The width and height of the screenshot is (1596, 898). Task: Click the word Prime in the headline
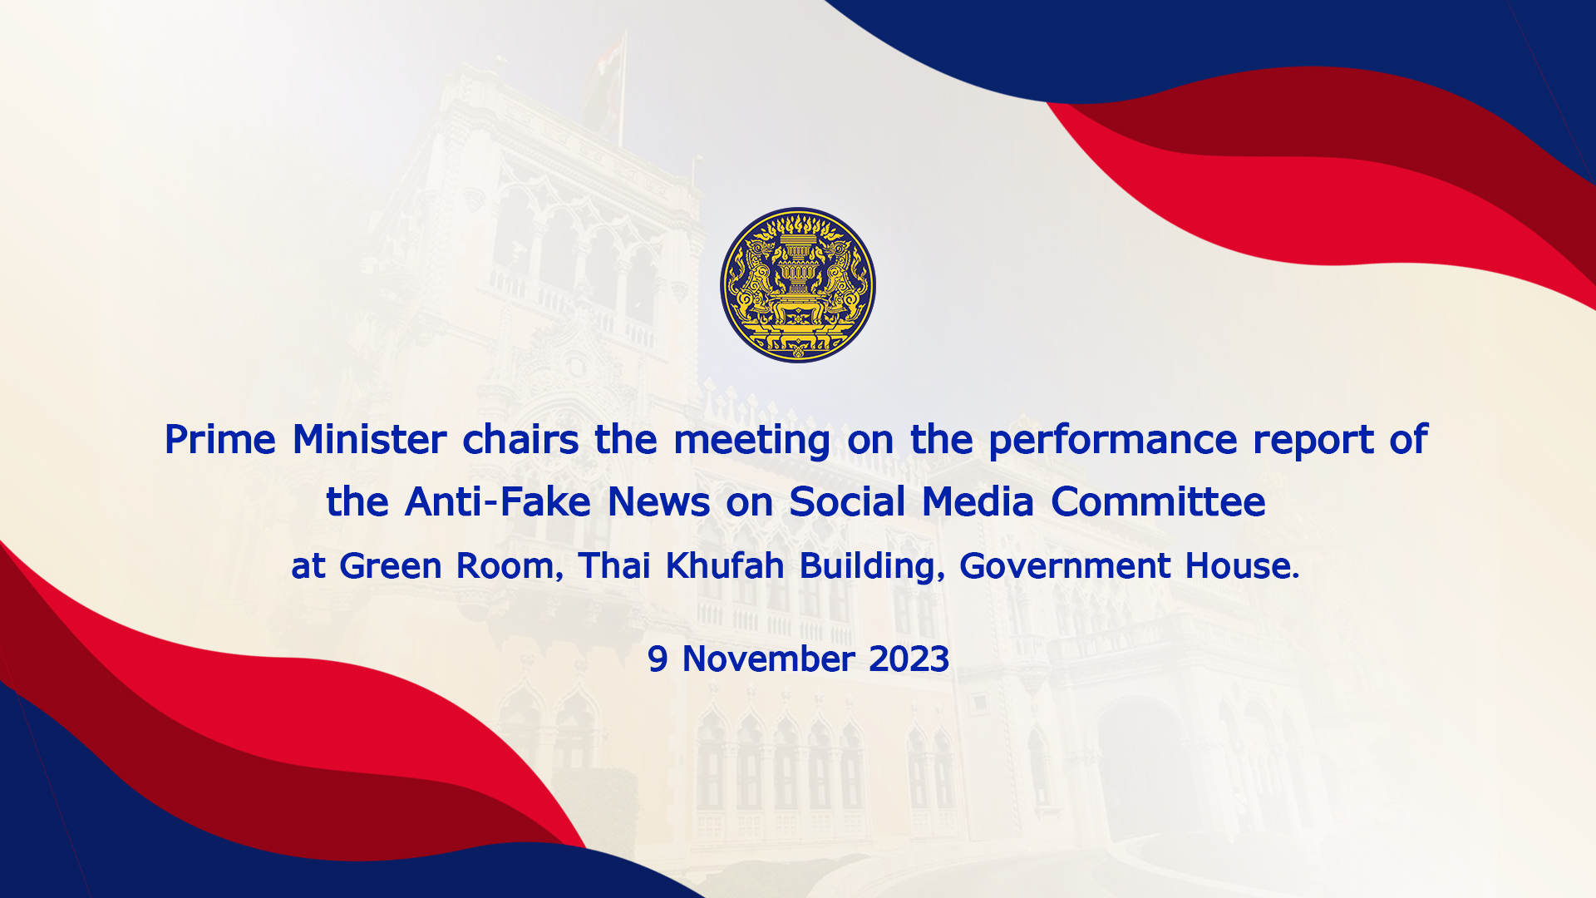[x=219, y=440]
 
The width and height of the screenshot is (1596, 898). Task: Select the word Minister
[x=369, y=440]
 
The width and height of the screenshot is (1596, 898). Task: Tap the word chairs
[x=520, y=440]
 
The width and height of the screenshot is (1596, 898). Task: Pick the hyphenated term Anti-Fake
[x=498, y=502]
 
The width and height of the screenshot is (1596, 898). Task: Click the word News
[x=659, y=502]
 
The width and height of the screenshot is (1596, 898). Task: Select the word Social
[x=847, y=502]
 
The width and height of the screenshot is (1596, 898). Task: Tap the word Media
[x=978, y=502]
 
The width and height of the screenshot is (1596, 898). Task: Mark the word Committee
[x=1158, y=502]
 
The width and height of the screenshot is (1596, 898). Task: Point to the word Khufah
[x=725, y=565]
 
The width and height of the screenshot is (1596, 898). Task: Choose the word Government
[x=1065, y=566]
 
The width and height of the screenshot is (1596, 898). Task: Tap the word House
[x=1242, y=566]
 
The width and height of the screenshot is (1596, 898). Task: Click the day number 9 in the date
[x=657, y=659]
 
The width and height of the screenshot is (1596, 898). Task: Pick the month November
[x=768, y=659]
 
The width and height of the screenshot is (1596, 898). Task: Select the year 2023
[x=909, y=659]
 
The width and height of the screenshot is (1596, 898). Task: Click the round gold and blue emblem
[x=798, y=285]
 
